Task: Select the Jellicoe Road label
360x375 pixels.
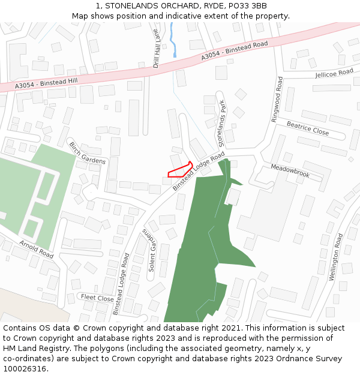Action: (x=334, y=74)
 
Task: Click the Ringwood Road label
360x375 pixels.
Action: (x=277, y=100)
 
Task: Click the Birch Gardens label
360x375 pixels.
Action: (x=87, y=153)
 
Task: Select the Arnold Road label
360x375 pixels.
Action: (x=36, y=249)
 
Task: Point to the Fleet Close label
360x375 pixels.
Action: (x=97, y=298)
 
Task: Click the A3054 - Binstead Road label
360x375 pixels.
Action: (x=234, y=51)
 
